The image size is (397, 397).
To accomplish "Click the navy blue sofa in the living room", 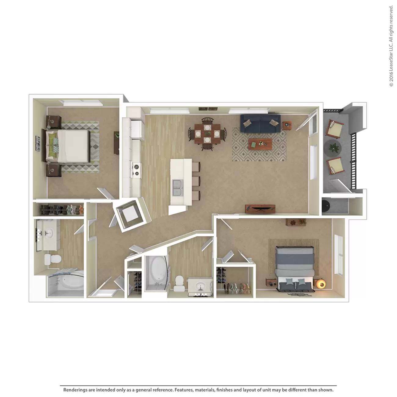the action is (260, 124).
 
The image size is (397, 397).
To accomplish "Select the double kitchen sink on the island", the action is (178, 188).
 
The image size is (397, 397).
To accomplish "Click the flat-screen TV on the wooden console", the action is (260, 208).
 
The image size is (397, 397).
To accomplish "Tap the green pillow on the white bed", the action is (52, 140).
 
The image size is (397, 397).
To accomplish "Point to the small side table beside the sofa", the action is (287, 125).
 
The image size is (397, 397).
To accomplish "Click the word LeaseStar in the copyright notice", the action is (391, 60).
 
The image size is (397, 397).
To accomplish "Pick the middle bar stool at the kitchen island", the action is (196, 181).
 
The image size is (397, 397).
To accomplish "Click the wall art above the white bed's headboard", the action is (38, 144).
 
